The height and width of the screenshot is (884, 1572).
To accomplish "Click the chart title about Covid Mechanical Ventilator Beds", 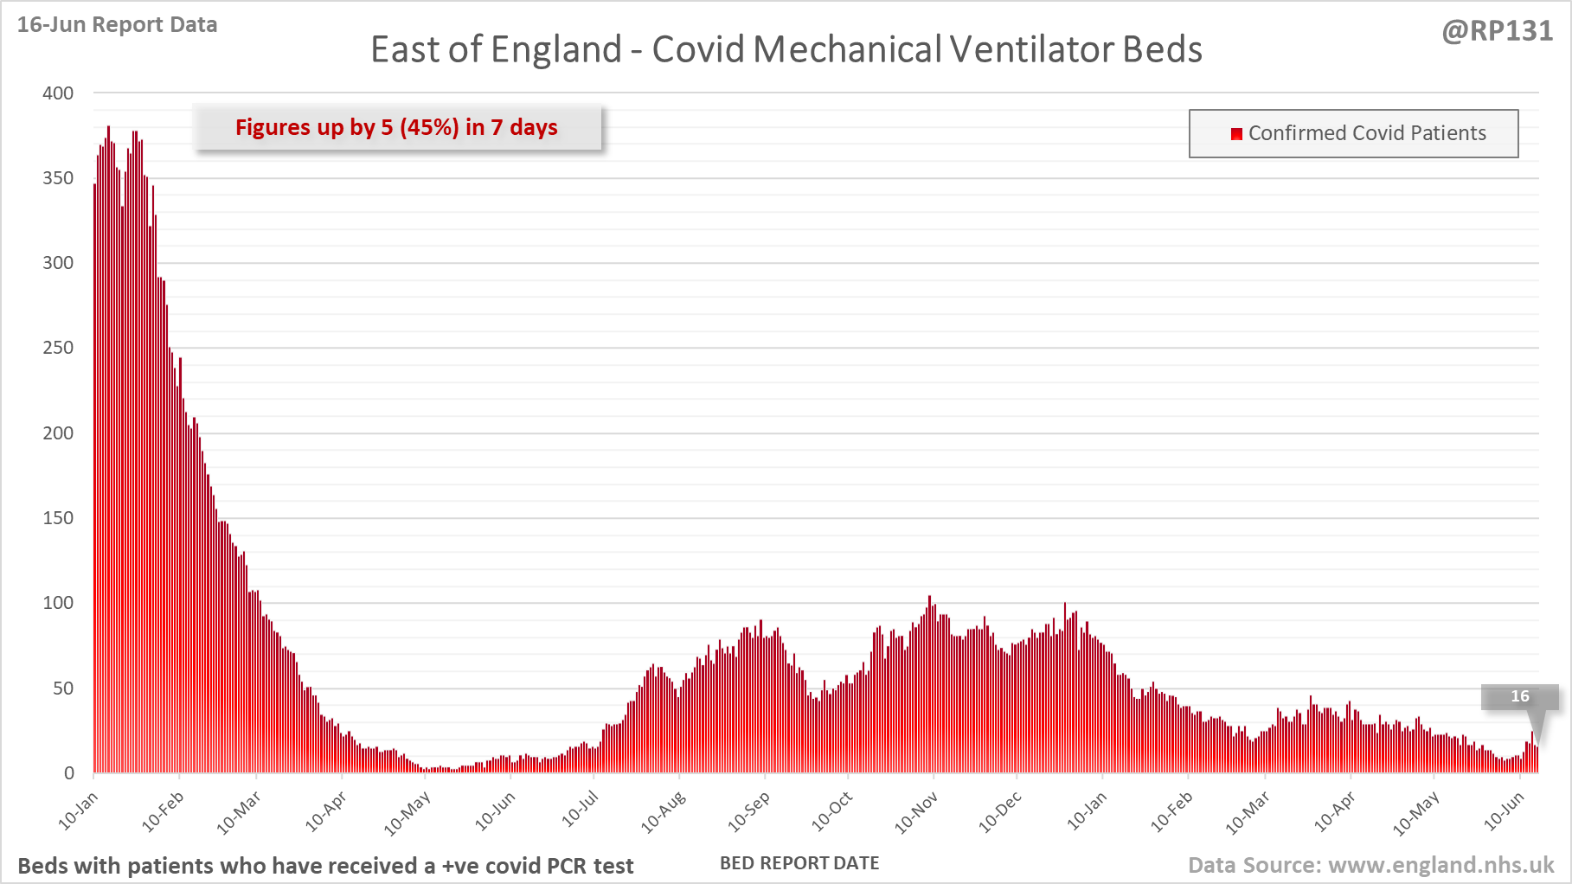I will (x=786, y=49).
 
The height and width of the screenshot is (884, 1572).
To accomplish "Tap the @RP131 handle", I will (x=1497, y=31).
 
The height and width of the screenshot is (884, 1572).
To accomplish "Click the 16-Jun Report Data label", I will (x=117, y=25).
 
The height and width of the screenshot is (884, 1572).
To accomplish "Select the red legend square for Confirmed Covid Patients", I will (x=1236, y=133).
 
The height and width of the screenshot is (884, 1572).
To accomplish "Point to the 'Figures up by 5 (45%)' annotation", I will (x=396, y=127).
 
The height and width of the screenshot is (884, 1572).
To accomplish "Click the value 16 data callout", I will (x=1519, y=696).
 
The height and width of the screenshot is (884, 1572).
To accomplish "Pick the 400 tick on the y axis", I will (x=58, y=93).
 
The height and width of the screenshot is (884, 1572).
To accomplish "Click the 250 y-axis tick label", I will (x=58, y=348).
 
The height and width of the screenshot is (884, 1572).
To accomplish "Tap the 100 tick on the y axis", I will (x=58, y=603).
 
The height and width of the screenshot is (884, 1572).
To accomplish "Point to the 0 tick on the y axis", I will (x=68, y=773).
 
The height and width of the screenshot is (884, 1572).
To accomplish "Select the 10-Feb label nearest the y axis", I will (x=163, y=811).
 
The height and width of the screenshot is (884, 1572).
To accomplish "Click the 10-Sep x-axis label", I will (x=748, y=811).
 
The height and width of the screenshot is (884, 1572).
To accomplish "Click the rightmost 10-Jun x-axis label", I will (x=1504, y=811).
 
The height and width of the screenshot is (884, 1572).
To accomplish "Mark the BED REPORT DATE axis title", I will (x=799, y=863).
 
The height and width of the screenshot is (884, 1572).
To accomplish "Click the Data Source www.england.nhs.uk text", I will (x=1370, y=865).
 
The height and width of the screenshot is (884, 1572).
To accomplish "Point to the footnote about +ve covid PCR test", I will (x=325, y=866).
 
